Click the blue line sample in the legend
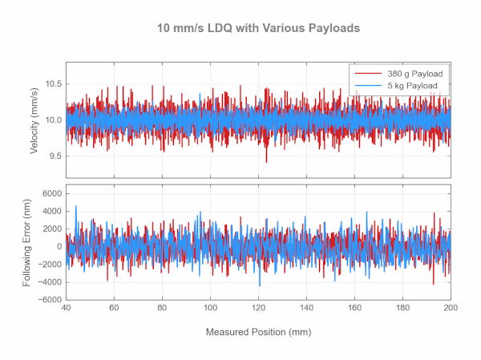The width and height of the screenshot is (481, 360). [x=368, y=85]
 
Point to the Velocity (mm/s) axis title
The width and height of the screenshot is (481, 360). [x=36, y=119]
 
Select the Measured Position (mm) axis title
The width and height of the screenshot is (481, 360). [x=258, y=332]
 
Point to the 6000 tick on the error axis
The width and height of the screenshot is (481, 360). [x=51, y=194]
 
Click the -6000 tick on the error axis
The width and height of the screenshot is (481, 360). [x=50, y=299]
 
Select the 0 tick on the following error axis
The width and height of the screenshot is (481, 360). [x=59, y=247]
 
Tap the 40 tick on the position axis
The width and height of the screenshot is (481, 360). [x=66, y=307]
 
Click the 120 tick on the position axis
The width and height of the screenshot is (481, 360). [x=258, y=307]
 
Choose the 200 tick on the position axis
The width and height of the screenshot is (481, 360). [x=451, y=307]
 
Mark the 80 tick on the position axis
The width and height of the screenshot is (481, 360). [x=162, y=307]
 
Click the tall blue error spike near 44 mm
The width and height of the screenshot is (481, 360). [x=76, y=207]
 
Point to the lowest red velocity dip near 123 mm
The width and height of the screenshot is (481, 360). [x=266, y=161]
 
